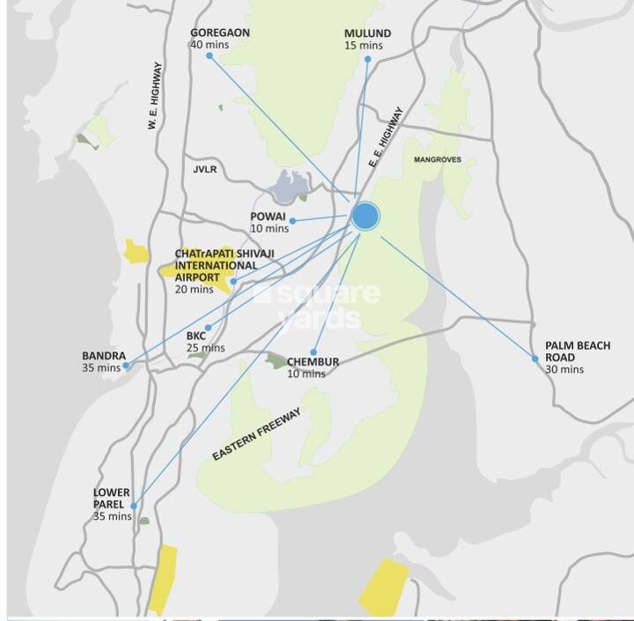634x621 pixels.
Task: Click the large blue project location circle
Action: click(x=365, y=216)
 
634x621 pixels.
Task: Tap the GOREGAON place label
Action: click(x=220, y=33)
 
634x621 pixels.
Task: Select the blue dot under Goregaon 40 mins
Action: click(x=210, y=56)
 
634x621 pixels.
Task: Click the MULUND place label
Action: click(x=367, y=33)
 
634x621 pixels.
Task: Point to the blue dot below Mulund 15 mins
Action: click(x=367, y=59)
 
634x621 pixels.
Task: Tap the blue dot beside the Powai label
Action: click(x=293, y=220)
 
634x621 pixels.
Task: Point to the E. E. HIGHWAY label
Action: click(x=385, y=137)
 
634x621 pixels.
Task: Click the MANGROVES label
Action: click(x=438, y=159)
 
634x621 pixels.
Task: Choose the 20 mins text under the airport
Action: click(x=194, y=289)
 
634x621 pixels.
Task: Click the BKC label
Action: click(x=195, y=336)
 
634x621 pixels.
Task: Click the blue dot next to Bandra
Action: click(x=127, y=365)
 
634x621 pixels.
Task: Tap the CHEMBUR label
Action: click(x=313, y=362)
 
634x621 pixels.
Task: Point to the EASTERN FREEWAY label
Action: click(x=257, y=433)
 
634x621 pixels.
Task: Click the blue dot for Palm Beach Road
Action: click(x=534, y=359)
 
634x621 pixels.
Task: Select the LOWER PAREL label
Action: click(x=112, y=499)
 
